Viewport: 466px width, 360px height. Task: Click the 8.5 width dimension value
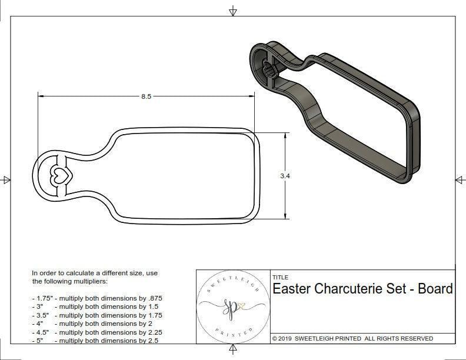146,96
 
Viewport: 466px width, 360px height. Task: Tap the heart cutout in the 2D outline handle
59,175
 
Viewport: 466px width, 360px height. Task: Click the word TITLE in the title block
280,277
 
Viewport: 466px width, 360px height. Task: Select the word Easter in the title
292,289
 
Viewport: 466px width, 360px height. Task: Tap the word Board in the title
435,289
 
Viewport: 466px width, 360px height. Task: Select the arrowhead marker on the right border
460,180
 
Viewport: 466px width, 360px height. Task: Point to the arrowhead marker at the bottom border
233,350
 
